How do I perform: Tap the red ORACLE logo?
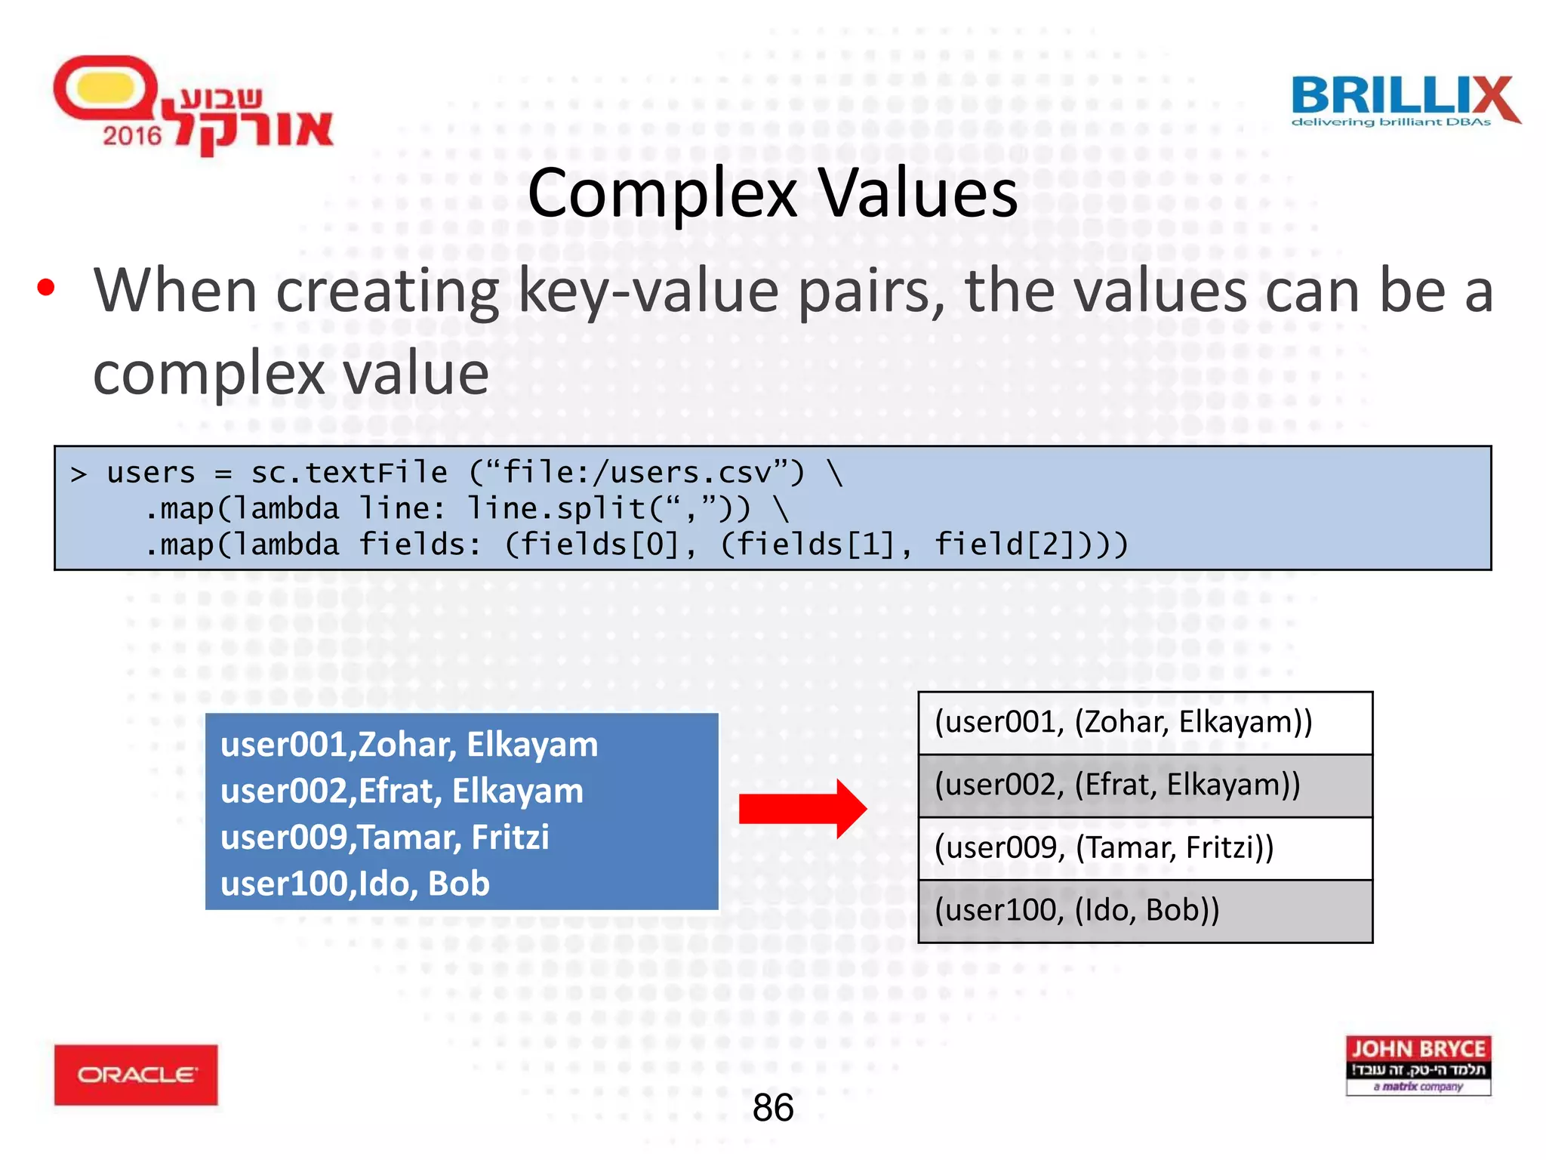(x=136, y=1075)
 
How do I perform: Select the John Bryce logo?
(x=1418, y=1065)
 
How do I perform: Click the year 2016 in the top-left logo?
(x=132, y=136)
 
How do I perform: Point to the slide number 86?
(x=773, y=1108)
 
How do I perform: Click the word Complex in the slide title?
(x=662, y=193)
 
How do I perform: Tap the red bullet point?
(x=46, y=288)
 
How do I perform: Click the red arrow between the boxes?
(x=802, y=809)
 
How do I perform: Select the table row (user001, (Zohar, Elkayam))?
(x=1144, y=723)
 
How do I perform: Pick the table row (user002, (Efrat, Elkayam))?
(x=1144, y=785)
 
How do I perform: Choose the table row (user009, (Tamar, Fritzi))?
(x=1144, y=848)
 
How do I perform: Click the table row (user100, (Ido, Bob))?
(x=1144, y=911)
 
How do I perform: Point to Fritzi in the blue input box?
(x=510, y=838)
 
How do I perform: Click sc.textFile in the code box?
(x=350, y=473)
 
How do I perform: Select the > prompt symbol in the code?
(x=79, y=474)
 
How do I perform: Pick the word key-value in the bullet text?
(x=648, y=292)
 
